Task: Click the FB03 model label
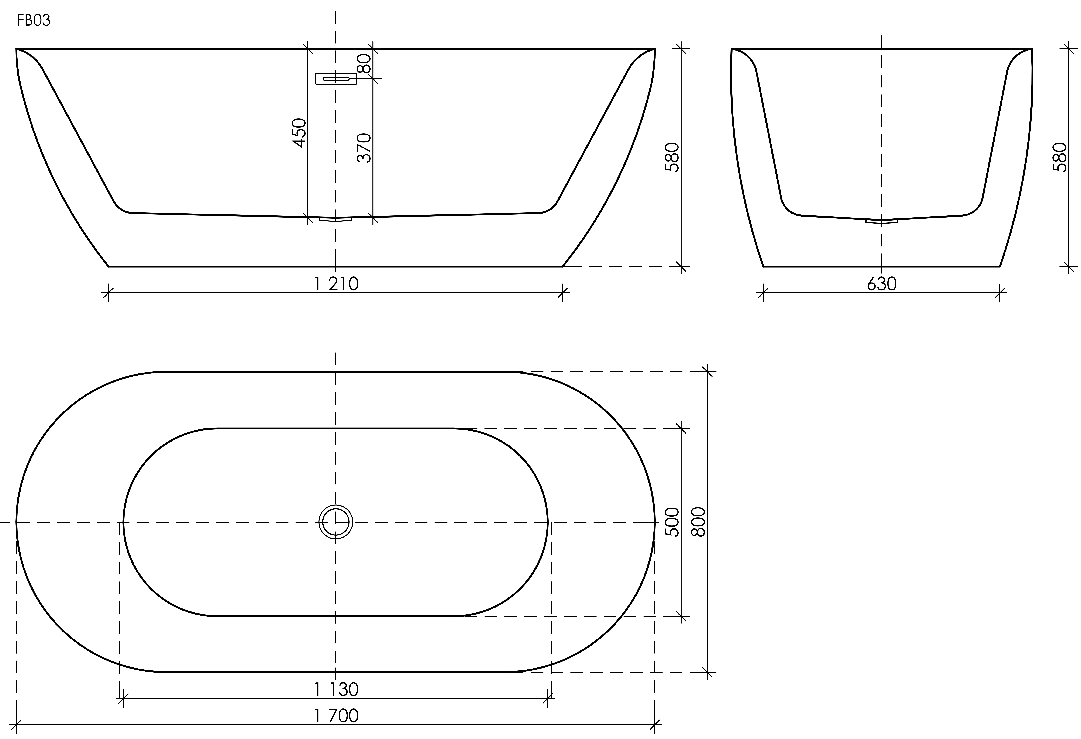point(34,21)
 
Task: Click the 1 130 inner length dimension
point(336,689)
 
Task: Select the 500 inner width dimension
point(673,522)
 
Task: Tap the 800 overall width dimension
point(699,522)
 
